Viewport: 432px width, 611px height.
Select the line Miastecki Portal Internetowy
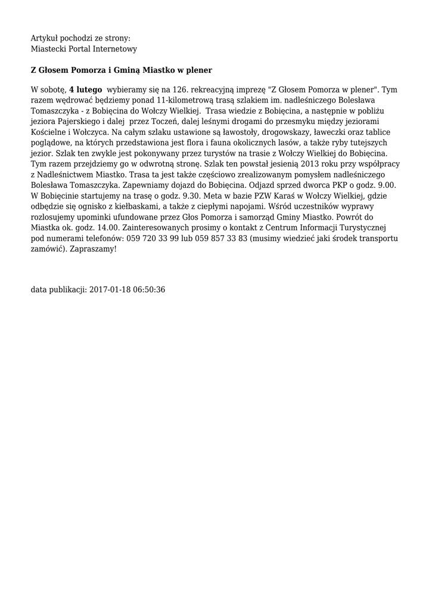tap(84, 48)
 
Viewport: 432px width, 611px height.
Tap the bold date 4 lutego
tap(86, 90)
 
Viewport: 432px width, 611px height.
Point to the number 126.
tap(181, 90)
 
